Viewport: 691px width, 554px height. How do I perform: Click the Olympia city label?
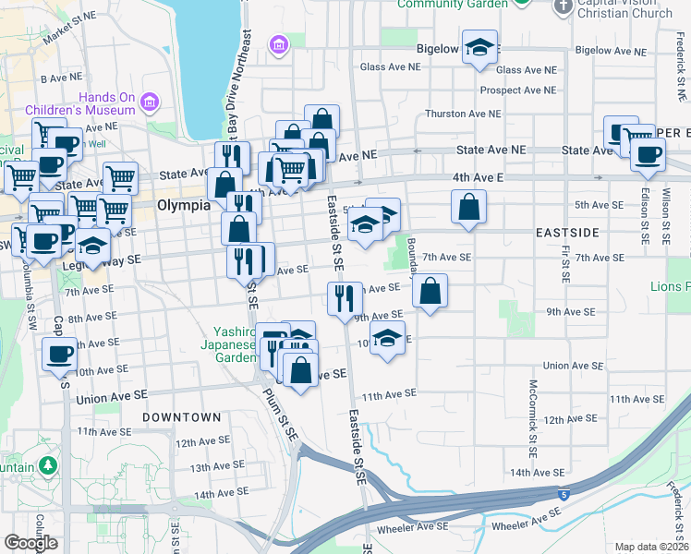click(x=183, y=205)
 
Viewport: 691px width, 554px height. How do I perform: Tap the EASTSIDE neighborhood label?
click(x=567, y=233)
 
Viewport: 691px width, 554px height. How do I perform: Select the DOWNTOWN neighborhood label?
click(x=182, y=417)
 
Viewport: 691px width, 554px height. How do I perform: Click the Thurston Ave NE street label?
click(x=462, y=114)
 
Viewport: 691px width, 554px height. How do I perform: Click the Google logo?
click(x=30, y=543)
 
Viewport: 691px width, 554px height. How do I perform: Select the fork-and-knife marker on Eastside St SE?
click(x=340, y=299)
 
